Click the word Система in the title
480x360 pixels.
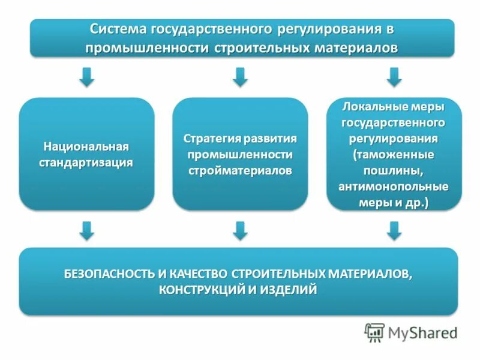pyautogui.click(x=118, y=29)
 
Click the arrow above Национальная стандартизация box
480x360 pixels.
pyautogui.click(x=87, y=76)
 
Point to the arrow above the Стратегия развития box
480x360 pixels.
pyautogui.click(x=241, y=76)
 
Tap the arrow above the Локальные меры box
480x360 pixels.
pyautogui.click(x=394, y=76)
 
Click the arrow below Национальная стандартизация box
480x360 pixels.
pyautogui.click(x=87, y=230)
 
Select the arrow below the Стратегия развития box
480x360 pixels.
pyautogui.click(x=241, y=230)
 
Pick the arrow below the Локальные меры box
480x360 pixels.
pyautogui.click(x=394, y=230)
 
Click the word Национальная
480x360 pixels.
pyautogui.click(x=86, y=146)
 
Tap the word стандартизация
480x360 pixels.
pyautogui.click(x=86, y=162)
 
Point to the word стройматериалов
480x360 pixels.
pyautogui.click(x=240, y=170)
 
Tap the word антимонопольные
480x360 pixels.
pyautogui.click(x=394, y=187)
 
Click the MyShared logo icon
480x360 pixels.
pyautogui.click(x=375, y=332)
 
